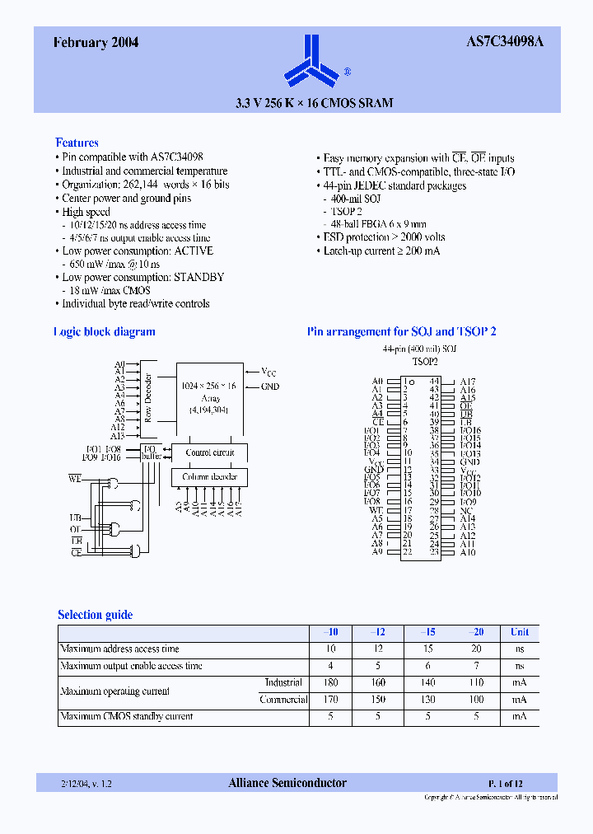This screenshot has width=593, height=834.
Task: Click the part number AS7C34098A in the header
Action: [511, 44]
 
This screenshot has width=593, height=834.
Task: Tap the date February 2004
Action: [96, 44]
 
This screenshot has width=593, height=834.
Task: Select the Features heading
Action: [77, 143]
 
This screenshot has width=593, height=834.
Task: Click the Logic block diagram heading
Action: [105, 332]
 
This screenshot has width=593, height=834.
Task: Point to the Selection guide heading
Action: [95, 615]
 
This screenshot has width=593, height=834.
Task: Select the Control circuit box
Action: [209, 452]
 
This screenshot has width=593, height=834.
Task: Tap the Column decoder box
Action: [209, 477]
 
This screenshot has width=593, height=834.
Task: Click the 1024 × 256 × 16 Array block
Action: [209, 396]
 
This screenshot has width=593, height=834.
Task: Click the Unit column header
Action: [519, 632]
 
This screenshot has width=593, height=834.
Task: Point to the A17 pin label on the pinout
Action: [468, 382]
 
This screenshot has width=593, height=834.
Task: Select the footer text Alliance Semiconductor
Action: [287, 783]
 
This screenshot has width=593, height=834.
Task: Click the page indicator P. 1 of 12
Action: [505, 783]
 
